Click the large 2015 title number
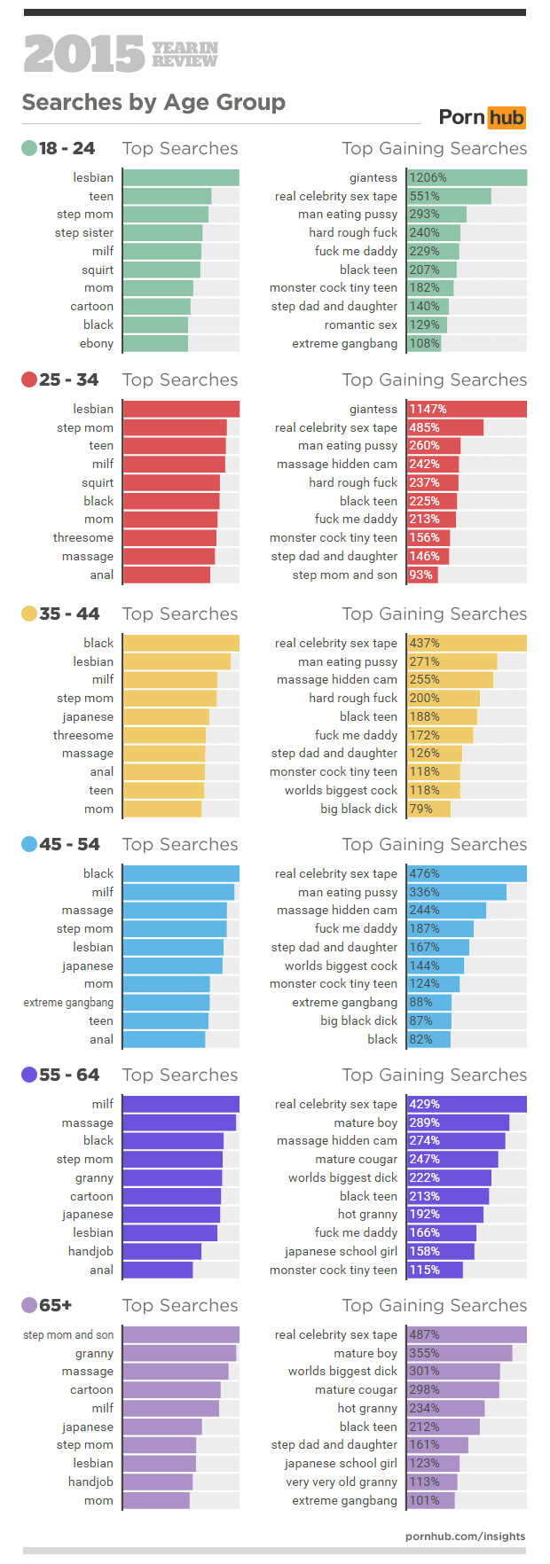(x=83, y=55)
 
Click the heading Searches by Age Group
(x=153, y=103)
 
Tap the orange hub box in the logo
(x=506, y=117)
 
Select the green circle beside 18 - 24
(x=29, y=148)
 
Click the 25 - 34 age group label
(x=68, y=379)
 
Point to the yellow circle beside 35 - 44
(x=29, y=614)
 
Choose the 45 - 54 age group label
(x=69, y=844)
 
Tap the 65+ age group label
(x=55, y=1305)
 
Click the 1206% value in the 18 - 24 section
(x=428, y=177)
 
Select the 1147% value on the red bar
(x=428, y=409)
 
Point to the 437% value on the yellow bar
(x=424, y=643)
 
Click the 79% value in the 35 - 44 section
(x=420, y=809)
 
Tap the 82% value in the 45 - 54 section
(x=420, y=1039)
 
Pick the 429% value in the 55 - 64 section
(x=424, y=1104)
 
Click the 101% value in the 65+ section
(x=424, y=1500)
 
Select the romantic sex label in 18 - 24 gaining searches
(x=360, y=325)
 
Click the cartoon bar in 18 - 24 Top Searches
(x=157, y=306)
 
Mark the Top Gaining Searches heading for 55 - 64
(x=434, y=1075)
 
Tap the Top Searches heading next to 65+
(x=180, y=1305)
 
